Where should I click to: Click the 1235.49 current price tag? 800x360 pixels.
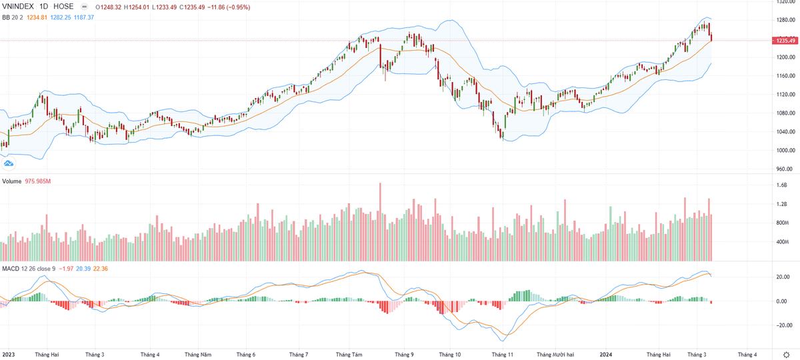[784, 41]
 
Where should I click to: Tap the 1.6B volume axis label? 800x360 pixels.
[781, 185]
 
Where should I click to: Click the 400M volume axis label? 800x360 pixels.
[781, 242]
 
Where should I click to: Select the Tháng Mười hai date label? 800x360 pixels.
[555, 355]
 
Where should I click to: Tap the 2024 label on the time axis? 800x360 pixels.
[606, 355]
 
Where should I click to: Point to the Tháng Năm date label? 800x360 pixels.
[198, 355]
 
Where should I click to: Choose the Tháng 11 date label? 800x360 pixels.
[501, 355]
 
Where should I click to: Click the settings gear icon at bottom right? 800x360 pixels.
[788, 355]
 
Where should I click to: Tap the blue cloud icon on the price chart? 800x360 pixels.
[9, 163]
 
